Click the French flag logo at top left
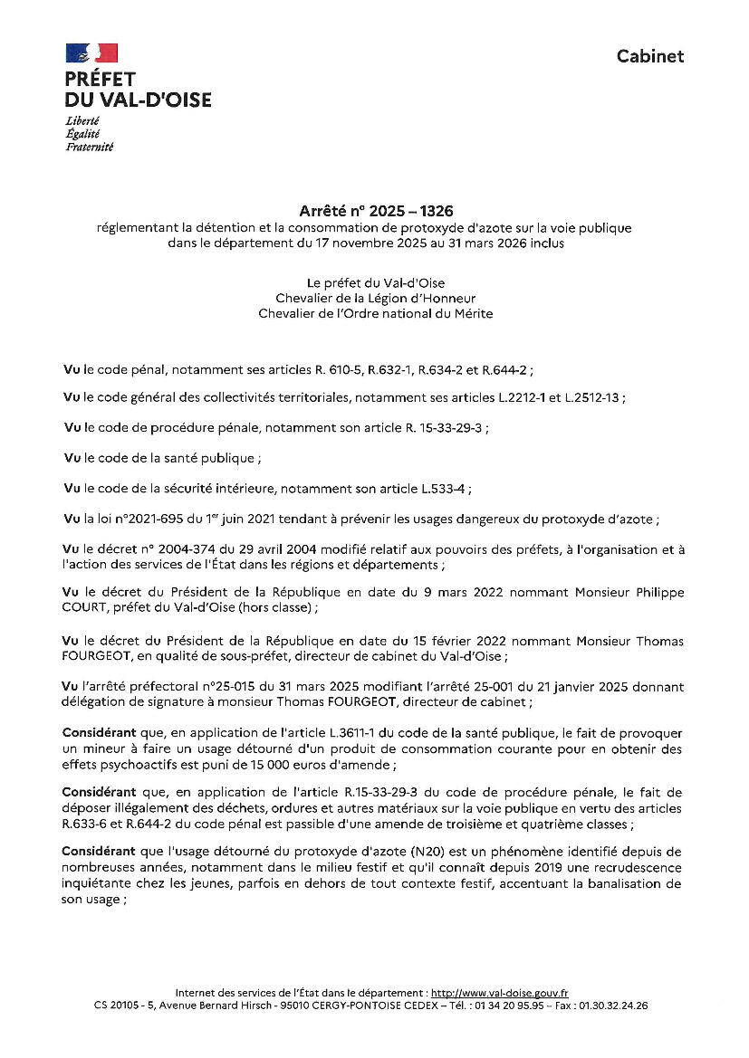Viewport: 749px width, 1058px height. click(91, 52)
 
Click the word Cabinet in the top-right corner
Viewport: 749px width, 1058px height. click(650, 56)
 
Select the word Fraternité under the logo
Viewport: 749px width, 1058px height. click(90, 147)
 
